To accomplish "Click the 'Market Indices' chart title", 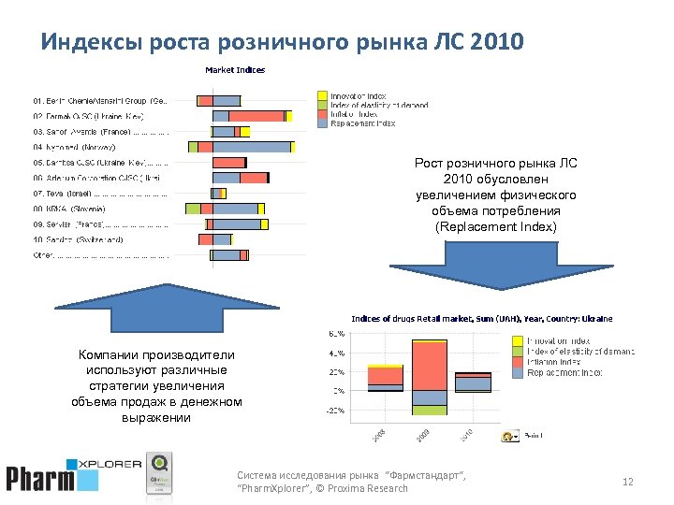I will coord(235,69).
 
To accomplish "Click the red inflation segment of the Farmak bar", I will coord(257,116).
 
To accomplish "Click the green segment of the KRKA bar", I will coord(193,209).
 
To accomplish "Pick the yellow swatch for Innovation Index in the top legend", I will coord(321,95).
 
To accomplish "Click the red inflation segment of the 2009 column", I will coord(430,366).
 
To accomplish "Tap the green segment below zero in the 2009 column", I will coord(430,410).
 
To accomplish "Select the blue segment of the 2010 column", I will coord(473,382).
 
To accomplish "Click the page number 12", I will coord(627,482).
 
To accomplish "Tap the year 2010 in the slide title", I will coord(500,43).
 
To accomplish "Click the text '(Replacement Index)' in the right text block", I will coord(495,227).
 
